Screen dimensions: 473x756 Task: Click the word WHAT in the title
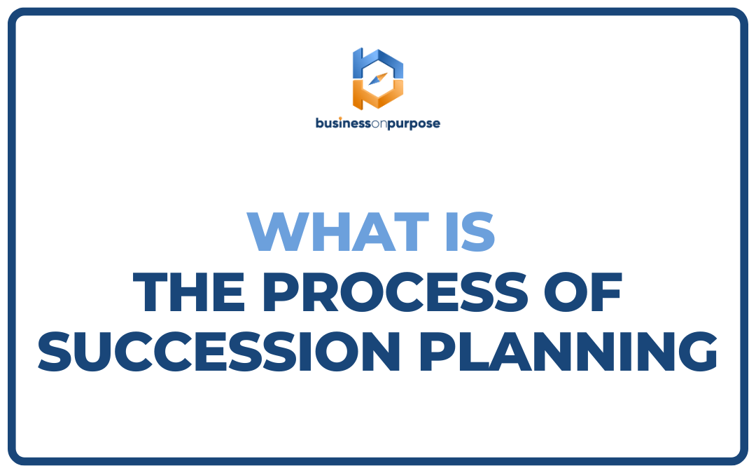click(338, 232)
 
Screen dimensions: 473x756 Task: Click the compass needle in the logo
click(378, 78)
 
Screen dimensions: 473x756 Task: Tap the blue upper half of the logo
click(378, 62)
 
